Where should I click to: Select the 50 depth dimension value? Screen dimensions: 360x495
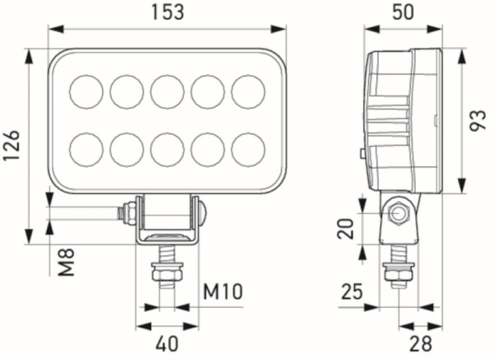tap(403, 12)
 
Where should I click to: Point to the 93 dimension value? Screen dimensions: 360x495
tap(478, 121)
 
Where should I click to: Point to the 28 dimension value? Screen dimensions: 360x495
tap(422, 341)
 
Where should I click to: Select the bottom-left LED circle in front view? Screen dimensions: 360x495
tap(87, 149)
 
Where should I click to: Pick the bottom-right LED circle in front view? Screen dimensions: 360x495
tap(247, 149)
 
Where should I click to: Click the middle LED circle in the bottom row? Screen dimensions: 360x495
tap(167, 149)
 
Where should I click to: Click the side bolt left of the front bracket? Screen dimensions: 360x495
tap(128, 213)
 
